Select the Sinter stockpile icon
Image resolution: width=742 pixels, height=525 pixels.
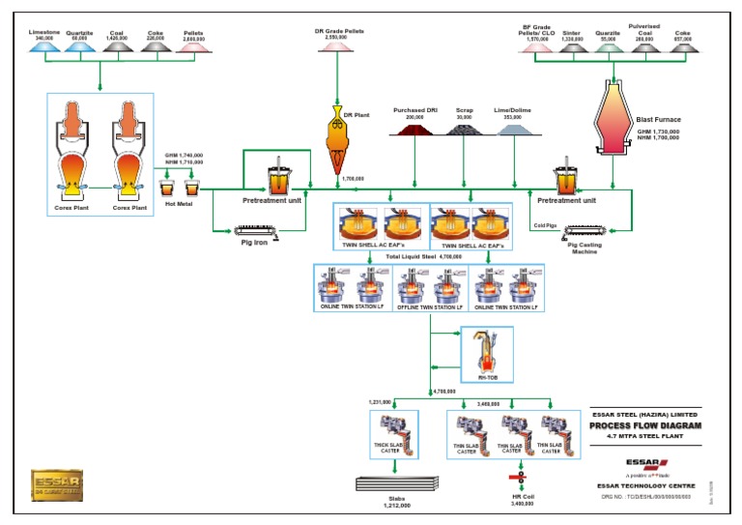tap(572, 45)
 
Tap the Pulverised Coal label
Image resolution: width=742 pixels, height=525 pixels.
tap(644, 31)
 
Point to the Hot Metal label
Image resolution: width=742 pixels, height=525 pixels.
tap(179, 204)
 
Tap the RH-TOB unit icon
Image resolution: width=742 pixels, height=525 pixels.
tap(479, 352)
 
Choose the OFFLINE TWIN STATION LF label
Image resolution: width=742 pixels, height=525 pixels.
tap(430, 307)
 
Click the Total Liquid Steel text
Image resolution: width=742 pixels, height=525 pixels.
tap(411, 257)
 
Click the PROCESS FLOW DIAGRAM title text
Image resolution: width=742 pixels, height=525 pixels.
tap(646, 424)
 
